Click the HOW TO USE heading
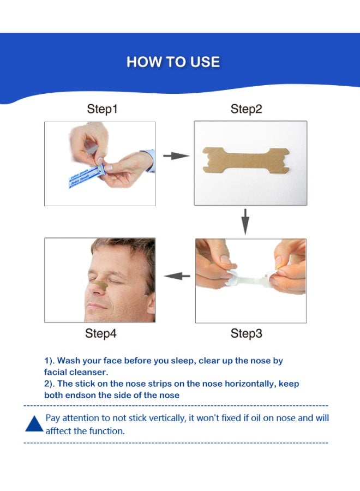tap(173, 62)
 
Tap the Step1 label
tap(103, 109)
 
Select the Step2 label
tap(246, 109)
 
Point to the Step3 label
tap(246, 333)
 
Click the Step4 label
tap(100, 333)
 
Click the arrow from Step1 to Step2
tap(175, 156)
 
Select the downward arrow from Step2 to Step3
tap(245, 220)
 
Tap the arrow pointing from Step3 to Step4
tap(177, 276)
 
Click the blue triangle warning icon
tap(34, 424)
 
